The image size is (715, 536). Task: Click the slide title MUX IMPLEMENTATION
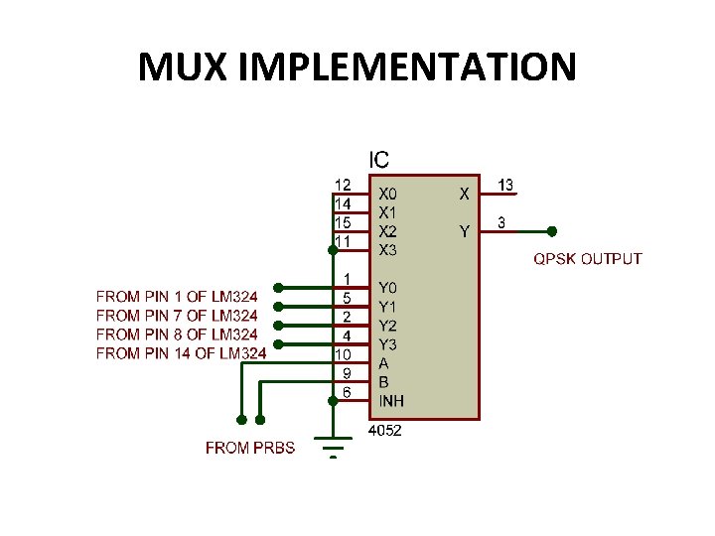click(x=357, y=67)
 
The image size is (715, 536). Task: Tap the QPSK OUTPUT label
click(x=588, y=259)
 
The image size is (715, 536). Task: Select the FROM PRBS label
click(x=250, y=448)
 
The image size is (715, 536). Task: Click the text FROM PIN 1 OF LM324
click(x=177, y=297)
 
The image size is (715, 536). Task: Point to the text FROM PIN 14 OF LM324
click(x=181, y=353)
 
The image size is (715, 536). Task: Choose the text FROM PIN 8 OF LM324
click(x=177, y=335)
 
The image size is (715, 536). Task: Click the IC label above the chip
click(x=379, y=159)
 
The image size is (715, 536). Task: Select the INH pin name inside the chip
click(x=390, y=401)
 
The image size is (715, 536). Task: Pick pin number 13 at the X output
click(x=504, y=185)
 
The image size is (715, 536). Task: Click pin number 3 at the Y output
click(x=501, y=223)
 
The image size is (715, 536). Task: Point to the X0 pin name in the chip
click(x=387, y=195)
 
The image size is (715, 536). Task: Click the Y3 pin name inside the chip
click(x=387, y=344)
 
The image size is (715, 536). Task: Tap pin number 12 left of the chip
click(x=342, y=185)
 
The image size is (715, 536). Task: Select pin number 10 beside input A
click(x=342, y=353)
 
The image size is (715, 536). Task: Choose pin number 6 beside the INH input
click(x=347, y=391)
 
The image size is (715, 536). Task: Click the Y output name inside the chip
click(x=463, y=232)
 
